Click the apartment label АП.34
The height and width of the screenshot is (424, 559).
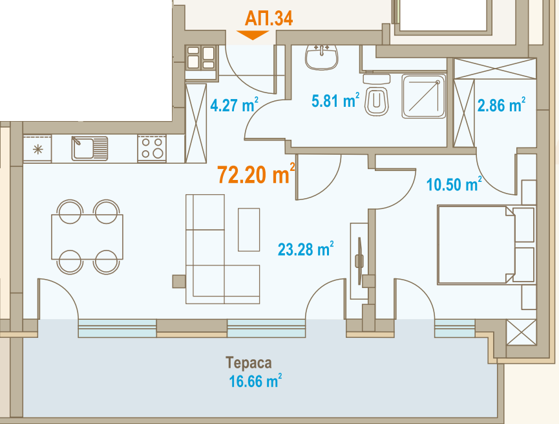269,19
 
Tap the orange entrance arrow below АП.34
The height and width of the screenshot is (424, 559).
253,35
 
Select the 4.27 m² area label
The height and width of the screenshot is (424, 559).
234,105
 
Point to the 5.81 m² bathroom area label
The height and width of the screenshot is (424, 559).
335,100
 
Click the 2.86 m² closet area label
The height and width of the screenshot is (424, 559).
501,105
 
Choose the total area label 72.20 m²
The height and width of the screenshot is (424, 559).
257,174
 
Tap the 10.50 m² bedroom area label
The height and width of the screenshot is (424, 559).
454,184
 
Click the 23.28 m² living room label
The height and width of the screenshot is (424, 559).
306,249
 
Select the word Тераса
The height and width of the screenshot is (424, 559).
249,363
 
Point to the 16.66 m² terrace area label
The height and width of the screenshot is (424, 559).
255,381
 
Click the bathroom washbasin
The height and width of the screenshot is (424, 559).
321,57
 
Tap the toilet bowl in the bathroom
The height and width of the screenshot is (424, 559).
377,95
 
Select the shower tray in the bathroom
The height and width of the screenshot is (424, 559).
424,96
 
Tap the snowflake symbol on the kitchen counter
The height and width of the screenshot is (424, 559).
37,149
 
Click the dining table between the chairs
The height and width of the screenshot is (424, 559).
87,237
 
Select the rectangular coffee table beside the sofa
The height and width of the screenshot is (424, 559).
249,230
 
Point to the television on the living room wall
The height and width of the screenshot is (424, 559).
359,261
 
